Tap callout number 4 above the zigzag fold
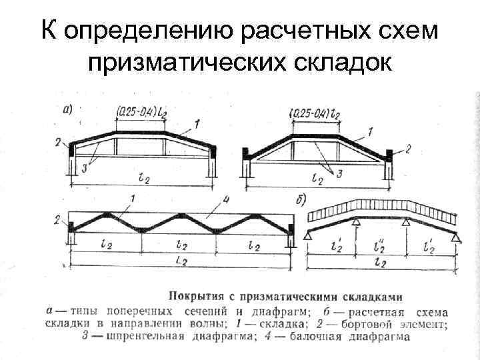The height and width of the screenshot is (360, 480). pos(227,198)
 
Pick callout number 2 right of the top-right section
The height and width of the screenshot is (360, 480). pos(407,148)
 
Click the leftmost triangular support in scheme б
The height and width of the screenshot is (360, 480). pos(309,234)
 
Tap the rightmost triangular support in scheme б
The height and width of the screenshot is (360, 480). pos(456,234)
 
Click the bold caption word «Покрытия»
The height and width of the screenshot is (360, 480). pos(198,294)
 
